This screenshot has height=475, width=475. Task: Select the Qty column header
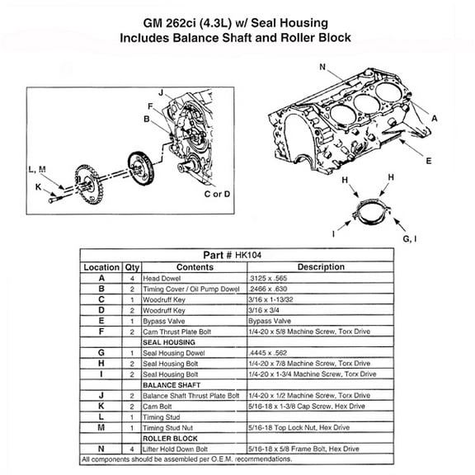click(x=132, y=267)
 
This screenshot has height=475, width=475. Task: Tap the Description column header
click(x=321, y=267)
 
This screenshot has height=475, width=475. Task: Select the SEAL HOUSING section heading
click(x=168, y=341)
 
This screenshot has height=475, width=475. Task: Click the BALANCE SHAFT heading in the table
click(x=172, y=384)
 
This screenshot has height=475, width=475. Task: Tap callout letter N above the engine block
click(x=322, y=66)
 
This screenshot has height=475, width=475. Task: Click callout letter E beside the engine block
click(x=429, y=162)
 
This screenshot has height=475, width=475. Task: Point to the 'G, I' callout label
click(x=409, y=237)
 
